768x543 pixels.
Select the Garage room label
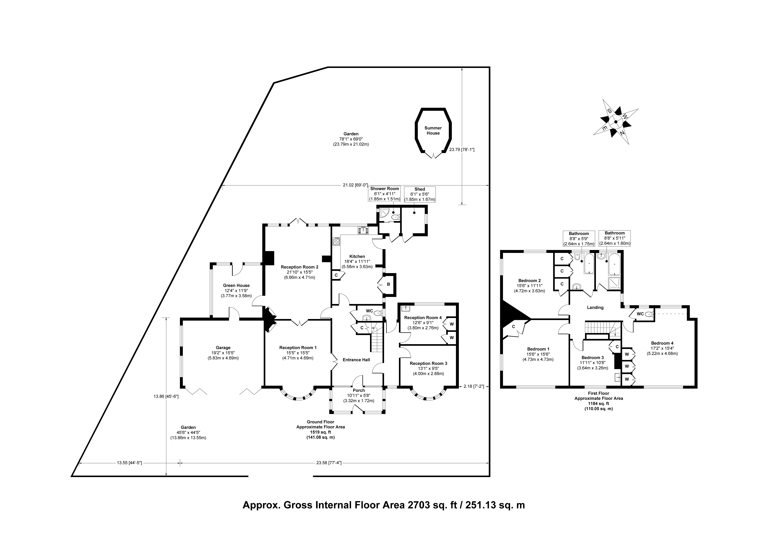pyautogui.click(x=223, y=348)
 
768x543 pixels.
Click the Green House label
pyautogui.click(x=236, y=286)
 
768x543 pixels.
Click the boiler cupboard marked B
pyautogui.click(x=388, y=284)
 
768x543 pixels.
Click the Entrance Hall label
pyautogui.click(x=356, y=360)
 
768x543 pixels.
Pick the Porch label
pyautogui.click(x=359, y=390)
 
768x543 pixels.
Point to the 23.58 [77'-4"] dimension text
pyautogui.click(x=329, y=463)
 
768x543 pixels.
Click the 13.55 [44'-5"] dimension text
pyautogui.click(x=129, y=463)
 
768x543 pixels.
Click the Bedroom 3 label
pyautogui.click(x=592, y=358)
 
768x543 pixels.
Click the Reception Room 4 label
pyautogui.click(x=423, y=318)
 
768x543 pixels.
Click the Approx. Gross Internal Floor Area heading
pyautogui.click(x=384, y=514)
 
